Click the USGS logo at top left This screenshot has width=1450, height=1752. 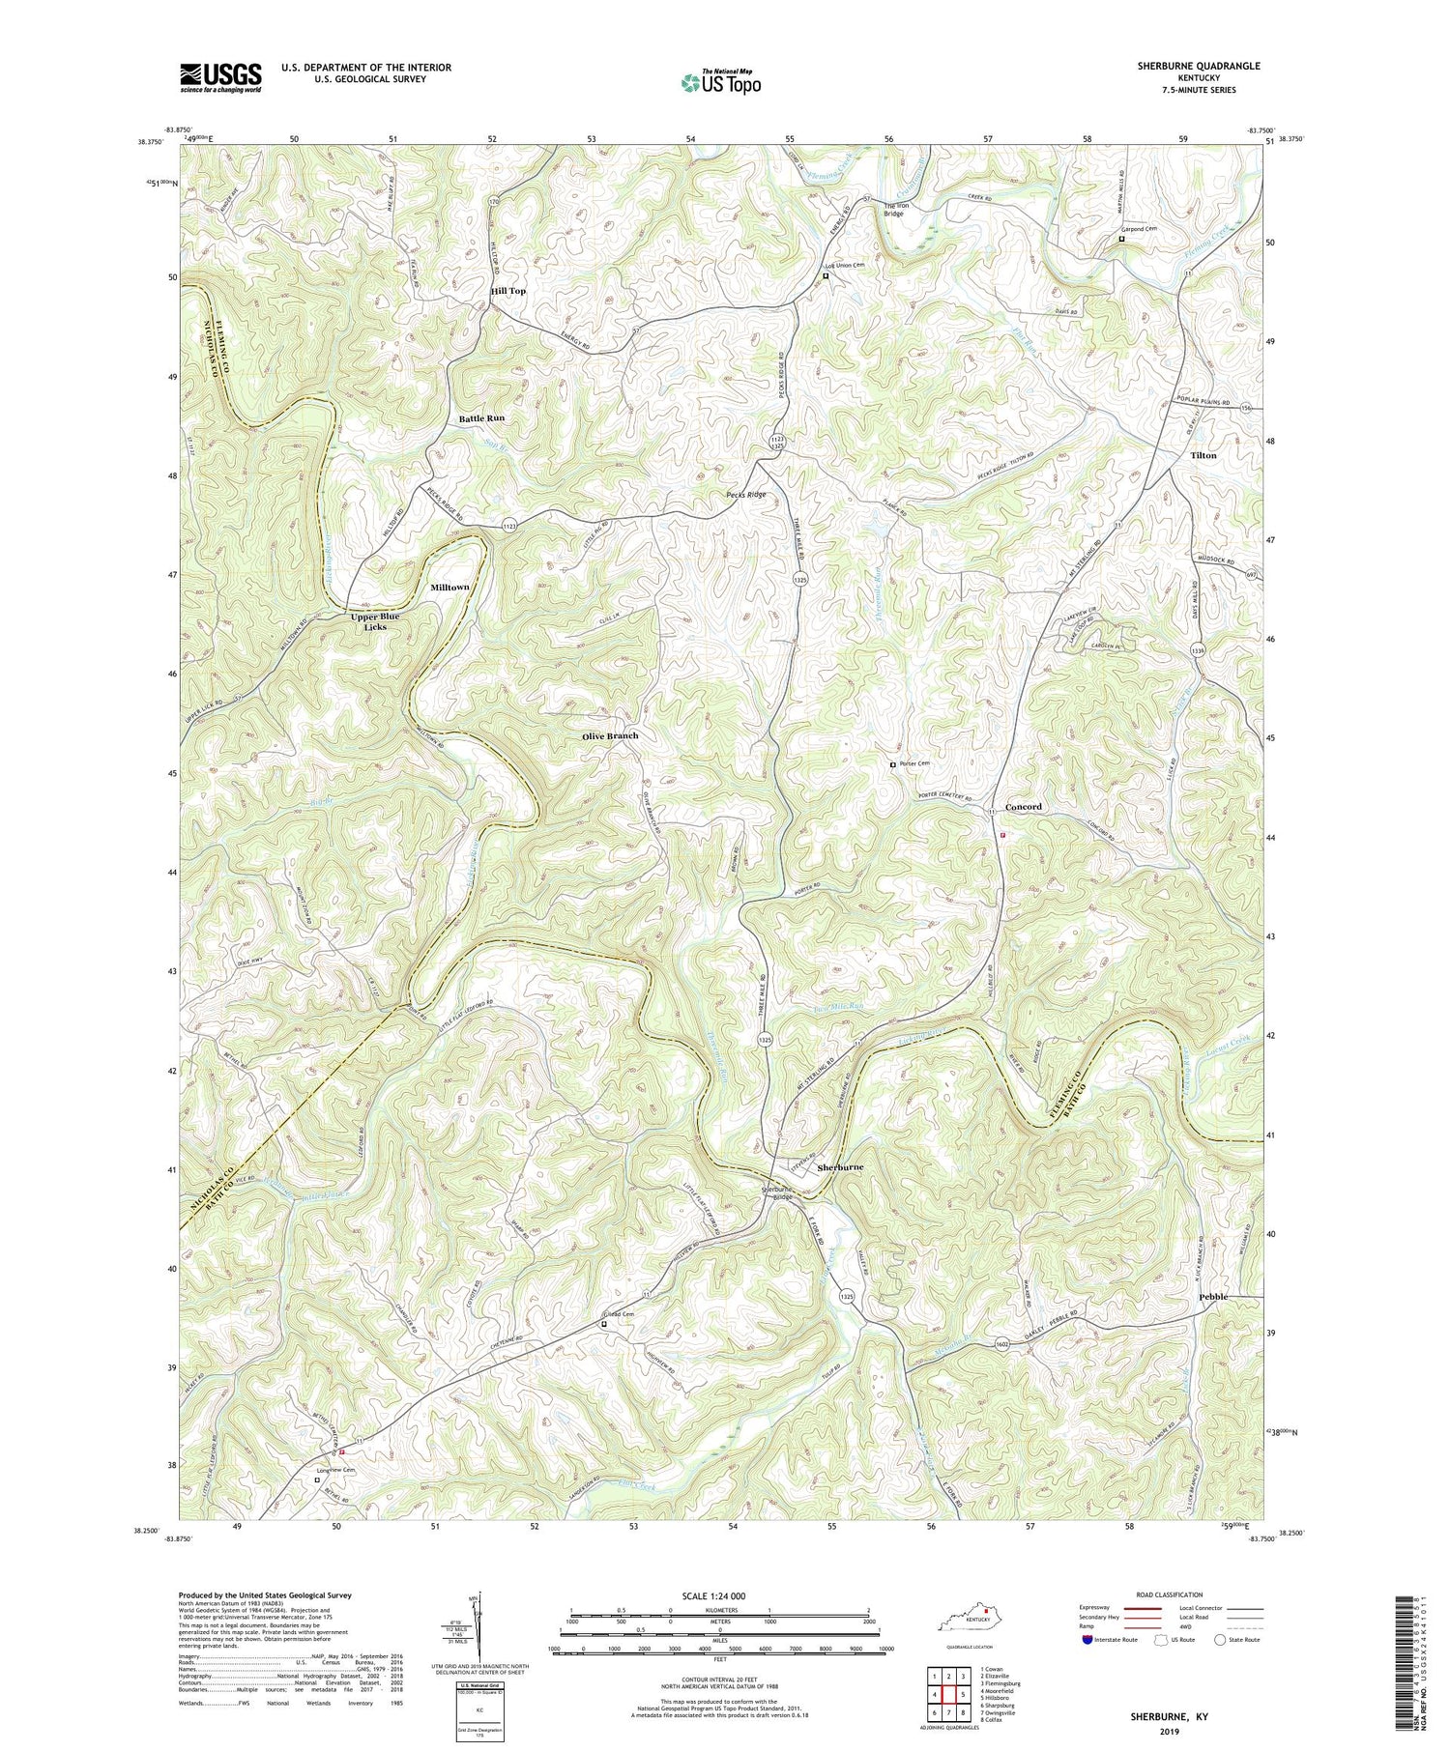[220, 76]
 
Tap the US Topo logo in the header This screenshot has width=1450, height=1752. [720, 83]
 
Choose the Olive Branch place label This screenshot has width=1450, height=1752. [610, 735]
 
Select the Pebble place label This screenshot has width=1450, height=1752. [1213, 1296]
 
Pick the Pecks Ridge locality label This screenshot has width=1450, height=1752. [746, 494]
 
